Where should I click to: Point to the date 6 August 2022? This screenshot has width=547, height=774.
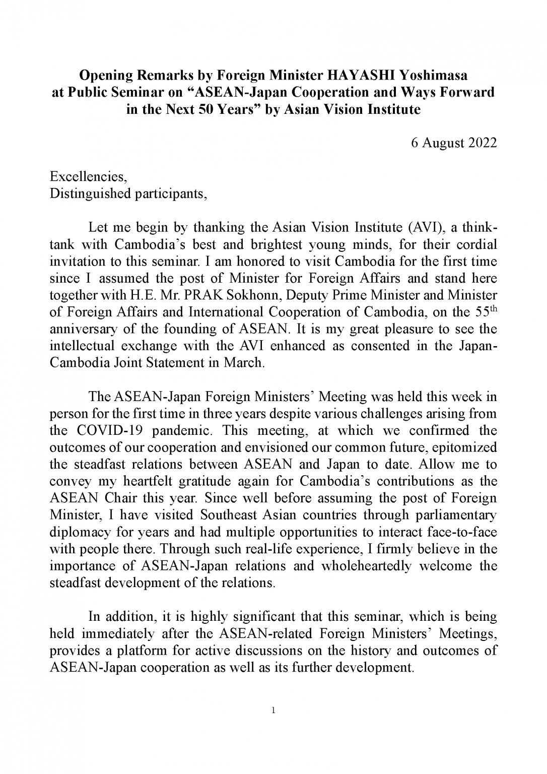pos(454,143)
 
